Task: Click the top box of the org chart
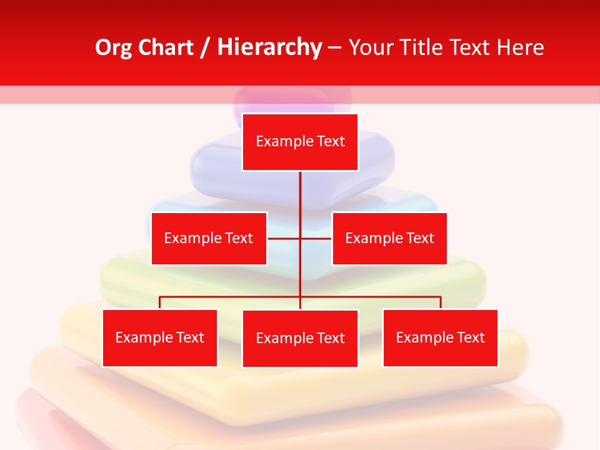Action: click(300, 142)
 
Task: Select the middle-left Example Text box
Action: click(209, 238)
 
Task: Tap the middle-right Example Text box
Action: click(389, 238)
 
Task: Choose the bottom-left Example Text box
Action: click(159, 338)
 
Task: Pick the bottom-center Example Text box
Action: click(300, 338)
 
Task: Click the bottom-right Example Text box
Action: click(440, 338)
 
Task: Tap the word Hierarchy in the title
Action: click(269, 47)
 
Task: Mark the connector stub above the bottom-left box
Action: click(159, 302)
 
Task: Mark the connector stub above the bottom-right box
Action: click(441, 302)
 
